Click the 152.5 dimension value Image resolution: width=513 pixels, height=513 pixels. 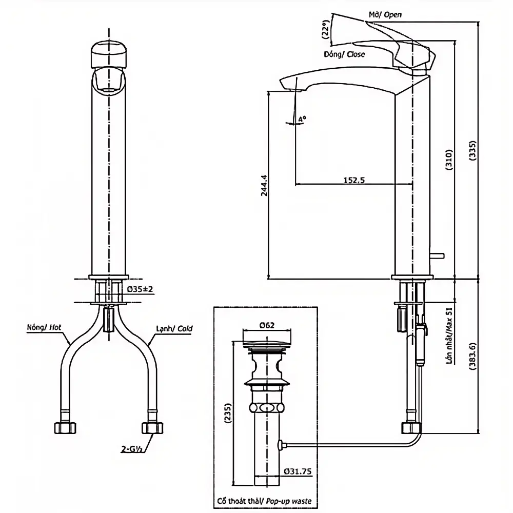pyautogui.click(x=354, y=180)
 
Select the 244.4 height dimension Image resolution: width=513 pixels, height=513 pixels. pyautogui.click(x=264, y=186)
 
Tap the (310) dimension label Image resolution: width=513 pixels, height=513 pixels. pyautogui.click(x=449, y=160)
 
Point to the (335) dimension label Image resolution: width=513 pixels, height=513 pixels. pyautogui.click(x=472, y=150)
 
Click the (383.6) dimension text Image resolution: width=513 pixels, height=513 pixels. pyautogui.click(x=472, y=356)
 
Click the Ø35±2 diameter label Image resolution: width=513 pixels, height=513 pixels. pyautogui.click(x=140, y=289)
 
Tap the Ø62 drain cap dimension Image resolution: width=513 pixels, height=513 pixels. pyautogui.click(x=267, y=326)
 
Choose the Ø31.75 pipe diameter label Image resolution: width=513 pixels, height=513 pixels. pyautogui.click(x=298, y=471)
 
